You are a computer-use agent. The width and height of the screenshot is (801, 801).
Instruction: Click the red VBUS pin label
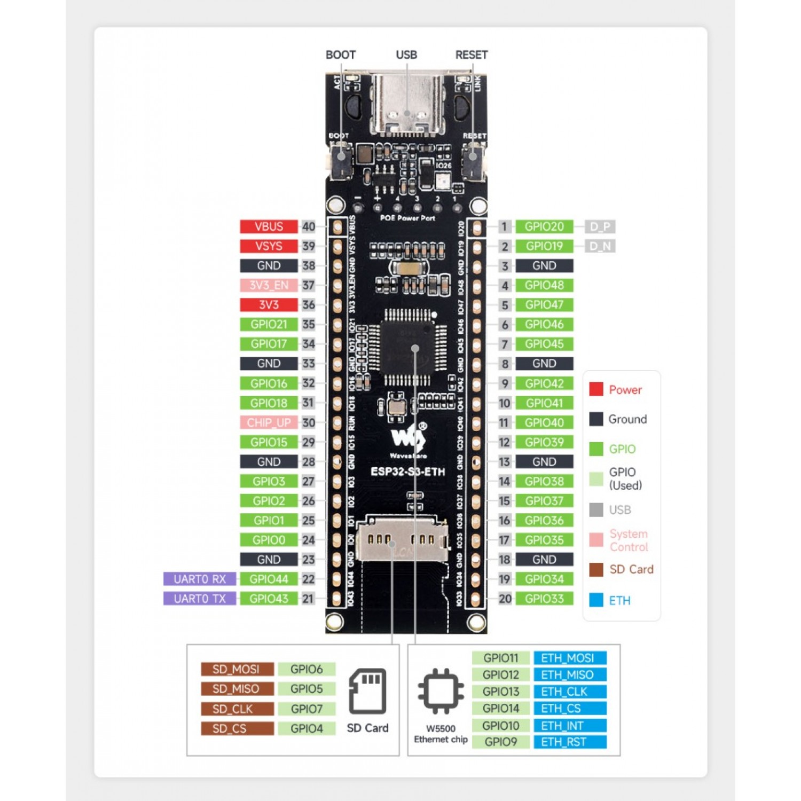click(268, 226)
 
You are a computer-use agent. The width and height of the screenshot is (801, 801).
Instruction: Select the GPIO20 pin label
click(544, 226)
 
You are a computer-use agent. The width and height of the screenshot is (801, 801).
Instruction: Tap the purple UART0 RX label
click(199, 579)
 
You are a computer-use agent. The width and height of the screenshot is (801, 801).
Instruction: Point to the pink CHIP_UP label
click(268, 422)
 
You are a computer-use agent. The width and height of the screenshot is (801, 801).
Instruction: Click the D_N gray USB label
click(600, 246)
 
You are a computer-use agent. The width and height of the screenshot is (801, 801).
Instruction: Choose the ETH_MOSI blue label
click(569, 658)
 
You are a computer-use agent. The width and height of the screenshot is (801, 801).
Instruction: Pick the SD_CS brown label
click(237, 728)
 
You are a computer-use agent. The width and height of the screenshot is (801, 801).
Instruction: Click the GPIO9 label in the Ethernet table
click(500, 742)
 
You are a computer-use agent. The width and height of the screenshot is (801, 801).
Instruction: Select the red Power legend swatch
click(596, 389)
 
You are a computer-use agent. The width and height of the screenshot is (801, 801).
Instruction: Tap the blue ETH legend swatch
click(596, 600)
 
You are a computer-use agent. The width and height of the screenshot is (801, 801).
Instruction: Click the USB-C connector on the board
click(407, 104)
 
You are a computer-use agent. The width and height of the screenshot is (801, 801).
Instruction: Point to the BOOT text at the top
click(340, 54)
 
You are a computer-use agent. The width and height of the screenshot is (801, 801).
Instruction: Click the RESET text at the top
click(471, 54)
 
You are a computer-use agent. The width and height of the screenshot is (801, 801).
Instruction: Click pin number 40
click(309, 226)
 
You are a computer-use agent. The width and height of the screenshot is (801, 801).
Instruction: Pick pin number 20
click(505, 599)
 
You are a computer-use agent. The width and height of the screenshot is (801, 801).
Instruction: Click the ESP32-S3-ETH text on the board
click(407, 472)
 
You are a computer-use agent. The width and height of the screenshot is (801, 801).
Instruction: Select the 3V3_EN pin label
click(268, 285)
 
